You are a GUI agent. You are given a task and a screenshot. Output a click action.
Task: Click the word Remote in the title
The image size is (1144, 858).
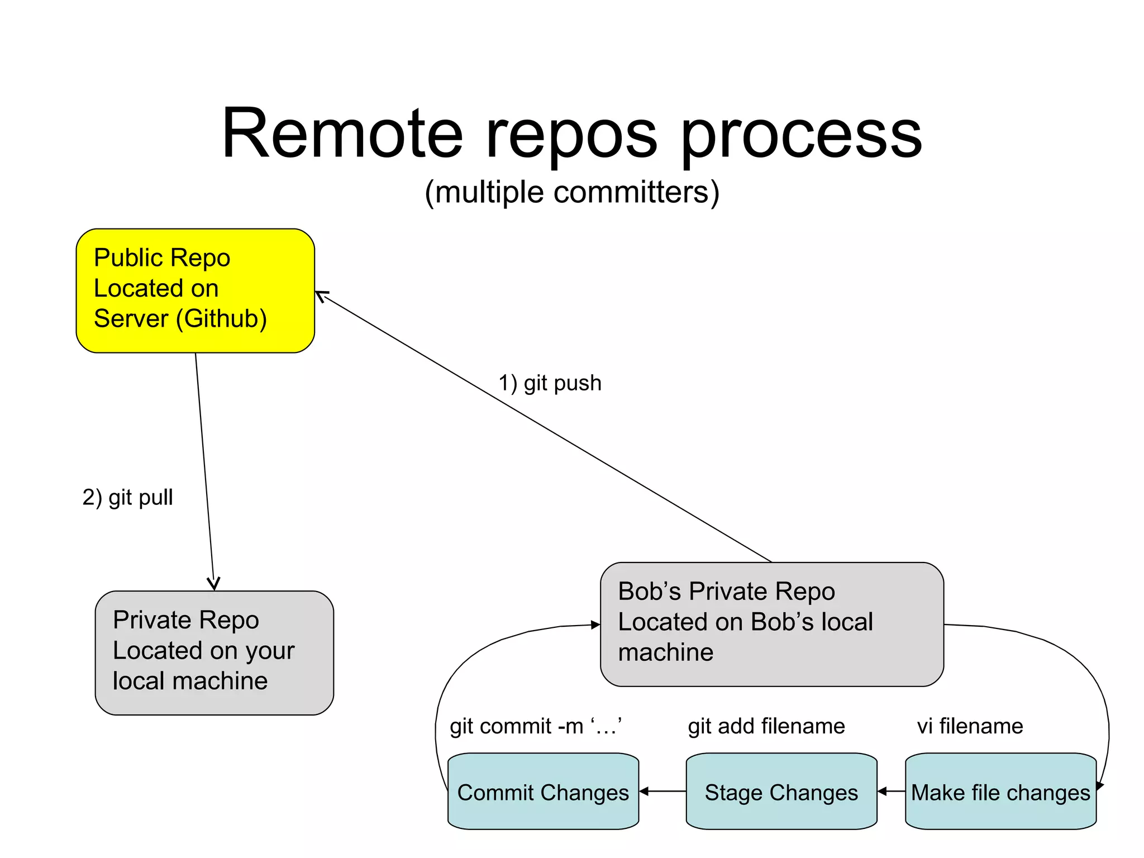[x=342, y=134]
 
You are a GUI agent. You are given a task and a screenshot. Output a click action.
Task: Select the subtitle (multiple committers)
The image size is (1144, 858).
[x=572, y=193]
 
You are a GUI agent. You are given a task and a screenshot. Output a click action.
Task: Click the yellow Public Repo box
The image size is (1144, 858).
[x=195, y=290]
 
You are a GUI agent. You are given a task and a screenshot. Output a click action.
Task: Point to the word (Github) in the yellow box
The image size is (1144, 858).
[x=222, y=319]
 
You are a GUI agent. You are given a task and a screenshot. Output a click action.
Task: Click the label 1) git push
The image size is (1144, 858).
[x=550, y=383]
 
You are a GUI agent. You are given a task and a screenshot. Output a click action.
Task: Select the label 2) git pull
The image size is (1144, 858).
[x=127, y=497]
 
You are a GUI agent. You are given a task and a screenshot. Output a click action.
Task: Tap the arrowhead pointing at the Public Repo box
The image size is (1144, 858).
[x=320, y=294]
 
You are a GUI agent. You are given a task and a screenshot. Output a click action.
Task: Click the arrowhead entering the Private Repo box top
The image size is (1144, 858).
[x=213, y=584]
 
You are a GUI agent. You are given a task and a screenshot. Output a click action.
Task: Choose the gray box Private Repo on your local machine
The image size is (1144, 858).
[x=214, y=652]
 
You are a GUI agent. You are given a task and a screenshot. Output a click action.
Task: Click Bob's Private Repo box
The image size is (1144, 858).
[x=771, y=624]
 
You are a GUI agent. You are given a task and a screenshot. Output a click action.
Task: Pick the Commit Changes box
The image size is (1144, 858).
[x=543, y=792]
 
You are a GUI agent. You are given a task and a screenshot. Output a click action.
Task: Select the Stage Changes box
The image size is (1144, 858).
[x=781, y=792]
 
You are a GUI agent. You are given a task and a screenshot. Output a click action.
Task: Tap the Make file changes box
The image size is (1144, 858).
[x=1000, y=792]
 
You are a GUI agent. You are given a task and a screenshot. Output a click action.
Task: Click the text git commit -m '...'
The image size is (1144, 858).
[x=536, y=726]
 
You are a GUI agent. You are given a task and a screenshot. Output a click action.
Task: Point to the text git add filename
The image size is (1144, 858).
[x=766, y=726]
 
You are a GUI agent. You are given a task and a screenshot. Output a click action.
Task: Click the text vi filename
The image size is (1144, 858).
[x=970, y=726]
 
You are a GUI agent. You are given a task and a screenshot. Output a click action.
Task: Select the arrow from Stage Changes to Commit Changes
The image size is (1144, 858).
[x=662, y=791]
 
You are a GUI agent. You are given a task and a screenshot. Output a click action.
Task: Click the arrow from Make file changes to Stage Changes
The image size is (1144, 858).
[x=891, y=791]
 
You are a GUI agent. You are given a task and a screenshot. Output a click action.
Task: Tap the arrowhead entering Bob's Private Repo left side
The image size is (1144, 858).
[x=595, y=625]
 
